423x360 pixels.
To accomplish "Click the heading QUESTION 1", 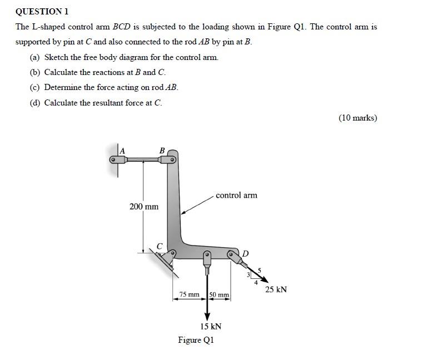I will coord(42,11).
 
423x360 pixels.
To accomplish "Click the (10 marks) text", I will coord(357,117).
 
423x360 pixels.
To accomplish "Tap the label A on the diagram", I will coord(122,151).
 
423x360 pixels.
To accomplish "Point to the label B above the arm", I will coord(162,150).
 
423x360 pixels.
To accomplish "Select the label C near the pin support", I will coord(160,245).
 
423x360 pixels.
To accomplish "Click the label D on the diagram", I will coord(245,253).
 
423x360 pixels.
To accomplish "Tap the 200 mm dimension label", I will coord(143,207).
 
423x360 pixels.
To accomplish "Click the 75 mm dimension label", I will coord(190,294).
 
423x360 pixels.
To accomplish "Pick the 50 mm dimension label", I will coord(219,294).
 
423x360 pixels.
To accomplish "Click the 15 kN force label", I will coord(211,326).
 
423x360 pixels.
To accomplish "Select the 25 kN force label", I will coord(276,289).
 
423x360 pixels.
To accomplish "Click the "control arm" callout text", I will coord(236,195).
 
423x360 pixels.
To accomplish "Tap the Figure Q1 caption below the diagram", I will coord(196,339).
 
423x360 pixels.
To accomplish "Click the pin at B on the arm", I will coord(172,160).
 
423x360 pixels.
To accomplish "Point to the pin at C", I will coord(172,254).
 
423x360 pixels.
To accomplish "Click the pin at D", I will coord(231,254).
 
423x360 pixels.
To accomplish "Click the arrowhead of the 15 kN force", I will coord(207,316).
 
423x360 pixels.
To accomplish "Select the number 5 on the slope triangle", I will coord(259,270).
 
